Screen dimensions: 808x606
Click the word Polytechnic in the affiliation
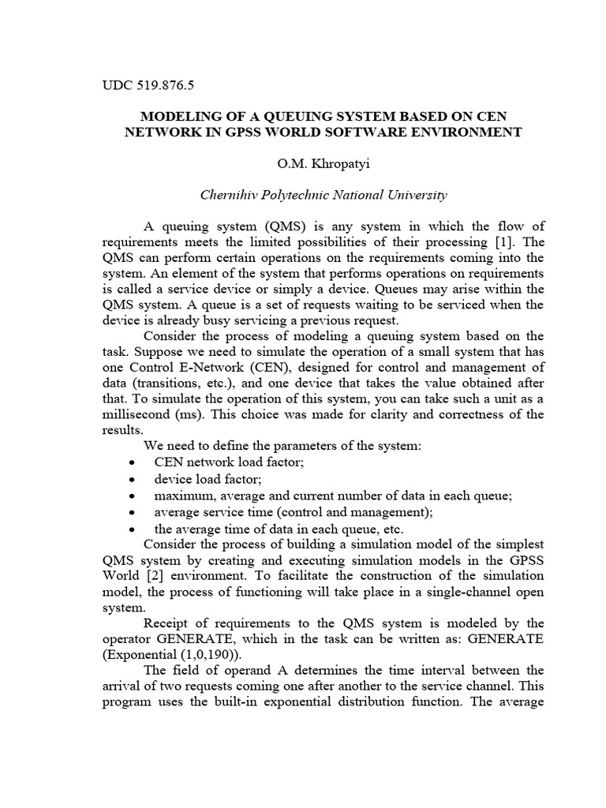[x=300, y=194]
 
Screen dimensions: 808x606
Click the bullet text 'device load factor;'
[x=208, y=478]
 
